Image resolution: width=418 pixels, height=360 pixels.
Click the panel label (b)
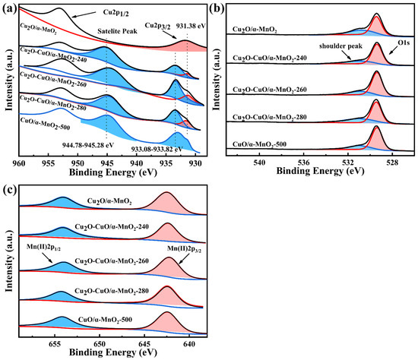point(220,9)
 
